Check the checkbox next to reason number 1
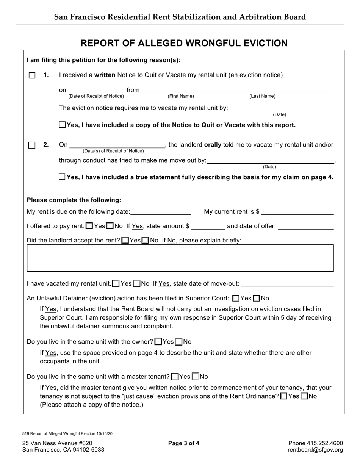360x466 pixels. coord(32,75)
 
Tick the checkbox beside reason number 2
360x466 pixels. coord(32,145)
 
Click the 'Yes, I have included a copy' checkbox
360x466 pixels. coord(63,125)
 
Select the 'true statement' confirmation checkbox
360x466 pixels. coord(63,177)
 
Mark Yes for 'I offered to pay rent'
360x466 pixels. coord(89,226)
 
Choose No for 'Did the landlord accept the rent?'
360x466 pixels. coord(145,241)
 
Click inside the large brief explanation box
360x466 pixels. coord(180,258)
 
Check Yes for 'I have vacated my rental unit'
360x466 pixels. coord(116,283)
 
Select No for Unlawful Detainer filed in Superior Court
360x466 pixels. coord(257,298)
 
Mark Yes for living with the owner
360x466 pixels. coord(158,342)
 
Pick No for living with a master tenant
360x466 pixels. coord(196,377)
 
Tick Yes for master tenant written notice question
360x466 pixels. coord(284,396)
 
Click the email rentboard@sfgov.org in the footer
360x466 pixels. coord(315,450)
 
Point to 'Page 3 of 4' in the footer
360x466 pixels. coord(184,443)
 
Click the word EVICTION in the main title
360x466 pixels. coord(260,43)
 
